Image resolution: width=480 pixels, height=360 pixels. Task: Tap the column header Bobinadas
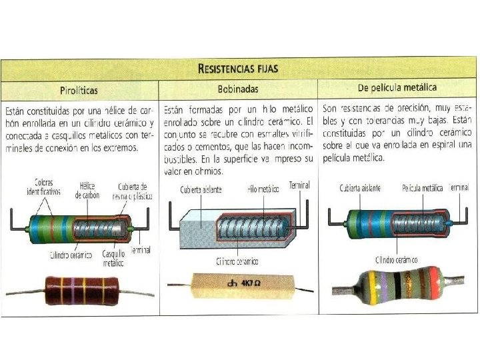(238, 89)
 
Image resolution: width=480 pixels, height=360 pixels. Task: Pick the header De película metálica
(397, 87)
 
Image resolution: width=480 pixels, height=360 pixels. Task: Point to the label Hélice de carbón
(87, 191)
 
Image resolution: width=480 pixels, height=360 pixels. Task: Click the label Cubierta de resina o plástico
(133, 191)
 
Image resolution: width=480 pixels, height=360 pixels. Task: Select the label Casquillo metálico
(113, 259)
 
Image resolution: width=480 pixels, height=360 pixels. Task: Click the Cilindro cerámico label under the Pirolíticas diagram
(70, 255)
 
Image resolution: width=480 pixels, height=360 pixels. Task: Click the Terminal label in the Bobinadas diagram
(299, 185)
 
